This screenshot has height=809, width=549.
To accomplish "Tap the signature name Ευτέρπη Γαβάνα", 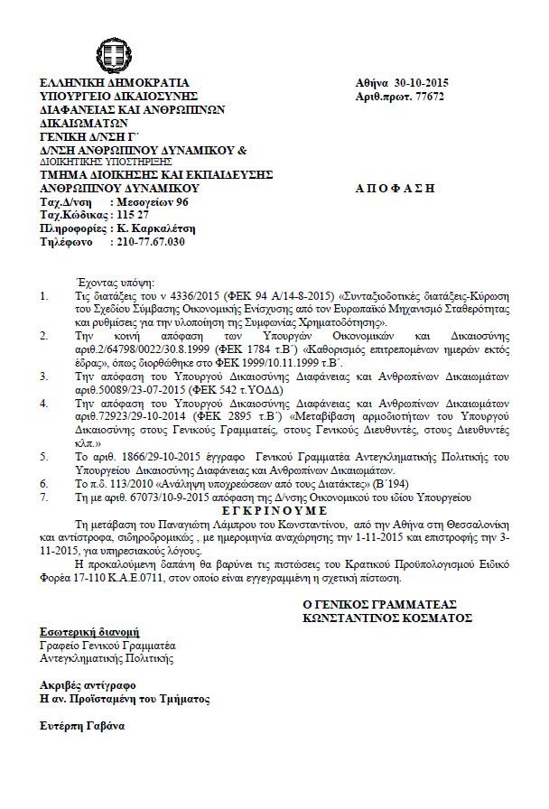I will [x=82, y=725].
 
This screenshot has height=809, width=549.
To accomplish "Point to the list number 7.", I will [x=46, y=496].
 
